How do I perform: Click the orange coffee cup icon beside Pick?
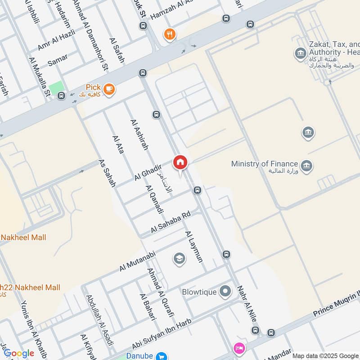tap(108, 90)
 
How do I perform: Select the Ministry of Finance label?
tap(265, 164)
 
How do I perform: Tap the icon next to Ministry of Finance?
tap(307, 165)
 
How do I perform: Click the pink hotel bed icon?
tap(238, 348)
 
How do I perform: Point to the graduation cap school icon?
tap(179, 259)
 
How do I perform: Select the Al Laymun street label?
tap(194, 247)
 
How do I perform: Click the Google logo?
tap(19, 354)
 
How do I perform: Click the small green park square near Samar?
tap(56, 88)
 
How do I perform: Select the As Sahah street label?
tap(107, 173)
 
